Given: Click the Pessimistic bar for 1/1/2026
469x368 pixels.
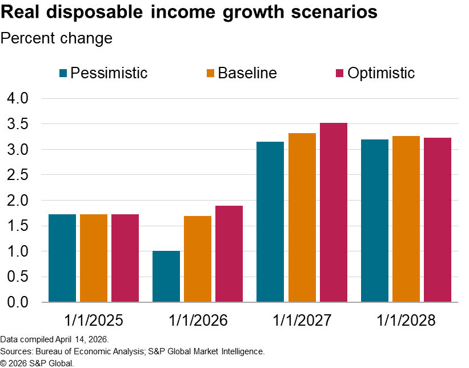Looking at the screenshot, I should pyautogui.click(x=166, y=276).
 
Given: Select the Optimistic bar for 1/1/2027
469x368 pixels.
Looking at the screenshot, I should pyautogui.click(x=334, y=212).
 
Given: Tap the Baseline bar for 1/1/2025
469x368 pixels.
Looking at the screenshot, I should pyautogui.click(x=94, y=258).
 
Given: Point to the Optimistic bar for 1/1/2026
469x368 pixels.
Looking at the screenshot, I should pyautogui.click(x=229, y=254).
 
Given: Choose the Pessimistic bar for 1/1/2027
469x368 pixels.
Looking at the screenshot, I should pyautogui.click(x=270, y=222).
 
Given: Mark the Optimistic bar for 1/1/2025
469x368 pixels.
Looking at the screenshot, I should pyautogui.click(x=125, y=258).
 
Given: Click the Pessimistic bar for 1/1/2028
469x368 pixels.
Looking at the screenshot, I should pyautogui.click(x=375, y=221).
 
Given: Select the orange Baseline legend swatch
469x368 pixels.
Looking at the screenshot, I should pyautogui.click(x=210, y=73).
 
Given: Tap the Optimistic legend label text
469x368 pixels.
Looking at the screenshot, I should pyautogui.click(x=381, y=73).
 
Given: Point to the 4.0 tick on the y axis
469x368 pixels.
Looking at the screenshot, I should pyautogui.click(x=17, y=99).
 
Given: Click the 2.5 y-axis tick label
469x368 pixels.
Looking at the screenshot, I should pyautogui.click(x=17, y=175).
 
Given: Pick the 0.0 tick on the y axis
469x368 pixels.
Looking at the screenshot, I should pyautogui.click(x=17, y=302).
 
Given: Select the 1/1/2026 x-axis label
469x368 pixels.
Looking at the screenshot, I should pyautogui.click(x=198, y=319).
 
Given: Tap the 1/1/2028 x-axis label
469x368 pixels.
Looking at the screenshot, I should pyautogui.click(x=406, y=319).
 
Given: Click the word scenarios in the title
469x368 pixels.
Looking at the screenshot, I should pyautogui.click(x=323, y=13).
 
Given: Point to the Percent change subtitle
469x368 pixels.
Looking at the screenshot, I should pyautogui.click(x=57, y=38).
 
